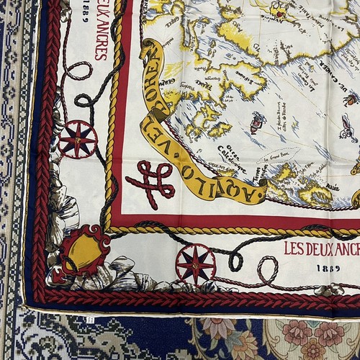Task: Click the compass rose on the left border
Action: [x=78, y=138]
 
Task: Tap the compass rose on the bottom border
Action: [x=195, y=264]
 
